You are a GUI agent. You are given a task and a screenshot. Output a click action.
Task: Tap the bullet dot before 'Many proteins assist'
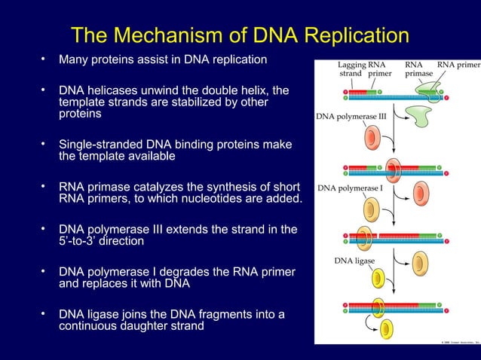44,58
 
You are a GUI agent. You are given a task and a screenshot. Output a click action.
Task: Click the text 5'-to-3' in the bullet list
78,241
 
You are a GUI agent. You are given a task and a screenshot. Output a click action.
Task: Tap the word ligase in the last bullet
102,315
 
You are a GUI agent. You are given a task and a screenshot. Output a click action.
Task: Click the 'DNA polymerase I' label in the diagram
351,188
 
